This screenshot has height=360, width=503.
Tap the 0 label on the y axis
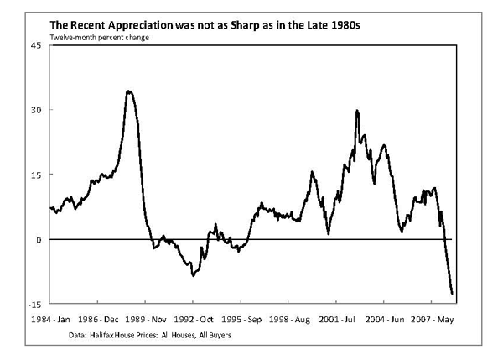point(35,239)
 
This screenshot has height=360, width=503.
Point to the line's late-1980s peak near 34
point(129,91)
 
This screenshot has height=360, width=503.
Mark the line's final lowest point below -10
point(452,294)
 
